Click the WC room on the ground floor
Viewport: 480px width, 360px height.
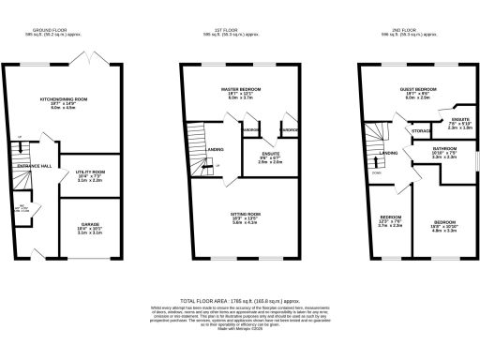pos(26,209)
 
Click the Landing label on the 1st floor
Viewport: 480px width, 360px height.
pos(215,148)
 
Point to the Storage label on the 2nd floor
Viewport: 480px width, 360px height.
pos(421,131)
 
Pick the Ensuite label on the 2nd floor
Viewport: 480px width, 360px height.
pos(458,119)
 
